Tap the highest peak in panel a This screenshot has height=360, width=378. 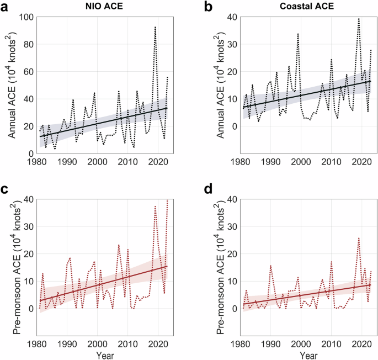pyautogui.click(x=155, y=27)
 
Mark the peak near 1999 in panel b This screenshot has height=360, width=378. pyautogui.click(x=298, y=34)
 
